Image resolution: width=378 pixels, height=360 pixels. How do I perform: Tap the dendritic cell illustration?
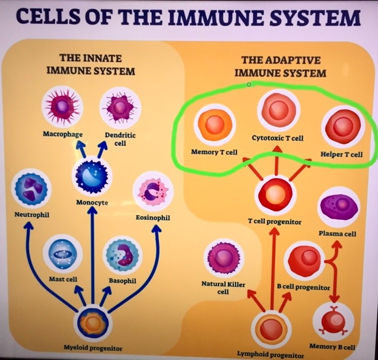coord(120,107)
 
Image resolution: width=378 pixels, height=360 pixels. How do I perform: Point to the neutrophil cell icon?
coord(31,188)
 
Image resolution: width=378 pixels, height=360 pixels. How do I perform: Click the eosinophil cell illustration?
coord(153,191)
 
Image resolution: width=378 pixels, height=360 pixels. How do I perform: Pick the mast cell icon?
coord(62,255)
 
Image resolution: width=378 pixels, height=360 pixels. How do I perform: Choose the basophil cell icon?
coord(122,256)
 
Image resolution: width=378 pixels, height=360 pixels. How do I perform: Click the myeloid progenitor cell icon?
coord(93,323)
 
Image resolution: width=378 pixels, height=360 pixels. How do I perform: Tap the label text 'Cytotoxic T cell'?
coord(278,138)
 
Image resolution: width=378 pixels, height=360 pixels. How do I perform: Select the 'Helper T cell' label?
coord(341,154)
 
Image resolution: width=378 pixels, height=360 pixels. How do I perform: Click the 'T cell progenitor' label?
coord(275,222)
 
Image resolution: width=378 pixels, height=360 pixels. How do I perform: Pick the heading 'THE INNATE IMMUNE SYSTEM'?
coord(90,64)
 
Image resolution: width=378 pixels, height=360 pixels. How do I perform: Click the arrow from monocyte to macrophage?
coord(83,150)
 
